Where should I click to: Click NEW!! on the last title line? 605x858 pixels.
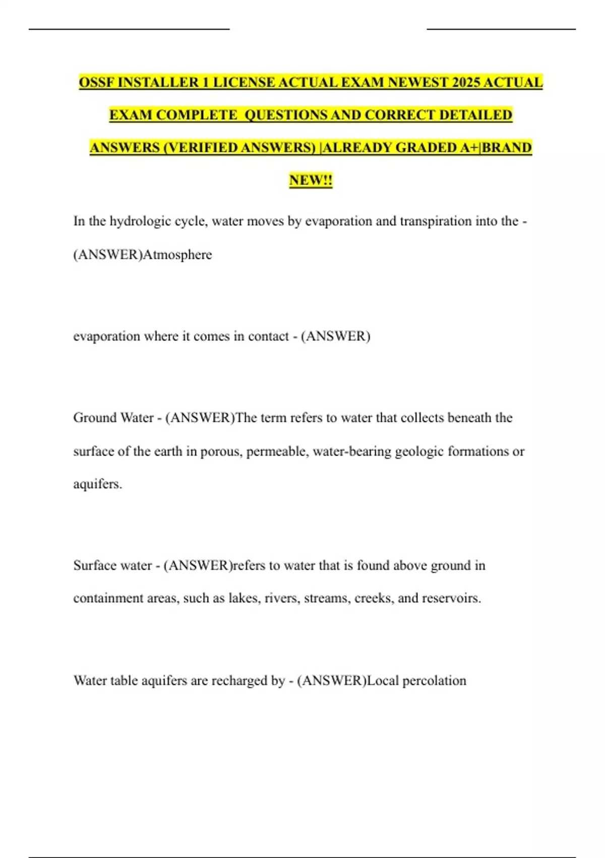[x=311, y=180]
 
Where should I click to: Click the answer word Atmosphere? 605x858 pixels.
[x=177, y=254]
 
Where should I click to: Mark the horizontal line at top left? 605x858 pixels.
[x=129, y=29]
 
